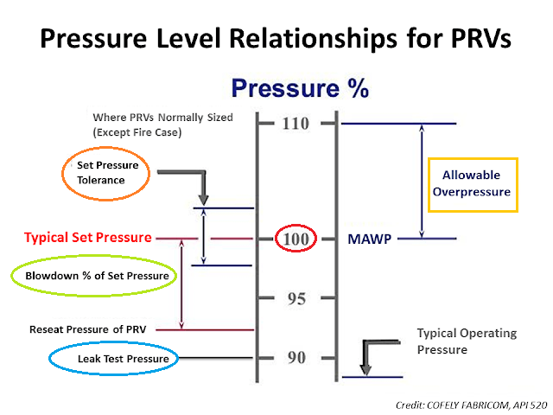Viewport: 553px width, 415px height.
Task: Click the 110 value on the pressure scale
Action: (295, 124)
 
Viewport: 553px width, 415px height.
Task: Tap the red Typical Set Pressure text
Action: (88, 237)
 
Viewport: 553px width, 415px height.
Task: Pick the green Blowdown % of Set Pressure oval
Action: (92, 276)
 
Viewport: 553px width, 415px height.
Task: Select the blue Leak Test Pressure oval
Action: (110, 358)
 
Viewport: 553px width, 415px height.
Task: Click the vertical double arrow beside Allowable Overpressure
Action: (423, 181)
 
